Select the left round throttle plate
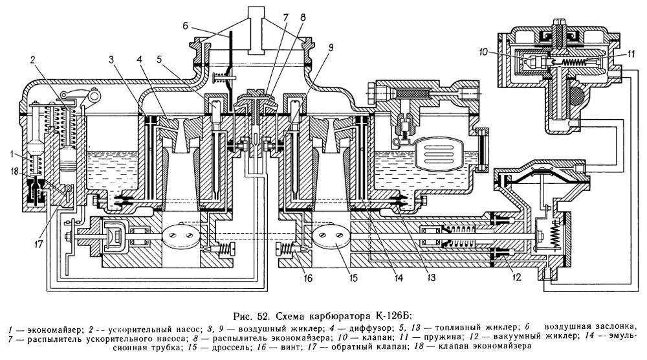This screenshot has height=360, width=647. click(179, 237)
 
